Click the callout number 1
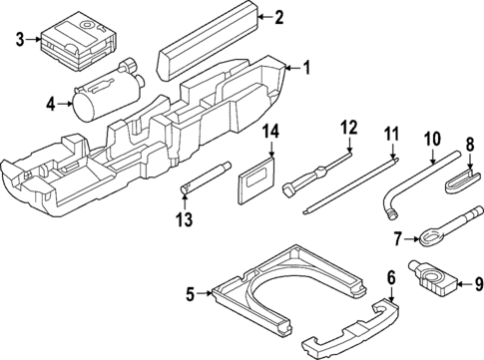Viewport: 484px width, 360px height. pyautogui.click(x=306, y=68)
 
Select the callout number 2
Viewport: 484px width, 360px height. pyautogui.click(x=278, y=16)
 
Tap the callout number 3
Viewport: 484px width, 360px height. pyautogui.click(x=19, y=40)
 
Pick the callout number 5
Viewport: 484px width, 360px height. pyautogui.click(x=190, y=293)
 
